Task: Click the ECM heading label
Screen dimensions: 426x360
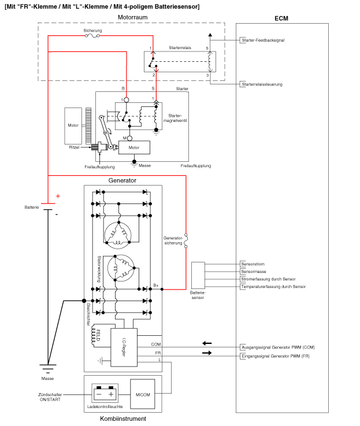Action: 281,18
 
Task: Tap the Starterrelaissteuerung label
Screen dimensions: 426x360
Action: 261,84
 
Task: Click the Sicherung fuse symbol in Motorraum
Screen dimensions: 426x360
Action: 92,36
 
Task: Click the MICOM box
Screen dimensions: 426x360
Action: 142,394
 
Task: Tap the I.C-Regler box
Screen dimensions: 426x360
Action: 124,347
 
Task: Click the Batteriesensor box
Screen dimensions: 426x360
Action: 198,275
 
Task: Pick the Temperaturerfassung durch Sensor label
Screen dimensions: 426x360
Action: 273,287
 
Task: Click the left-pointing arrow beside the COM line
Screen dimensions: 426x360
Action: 206,343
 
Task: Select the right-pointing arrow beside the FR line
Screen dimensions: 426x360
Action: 206,353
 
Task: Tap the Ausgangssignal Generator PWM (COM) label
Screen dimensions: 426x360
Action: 277,347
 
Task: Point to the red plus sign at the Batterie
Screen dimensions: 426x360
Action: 57,196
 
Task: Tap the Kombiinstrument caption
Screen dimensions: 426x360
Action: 123,418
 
